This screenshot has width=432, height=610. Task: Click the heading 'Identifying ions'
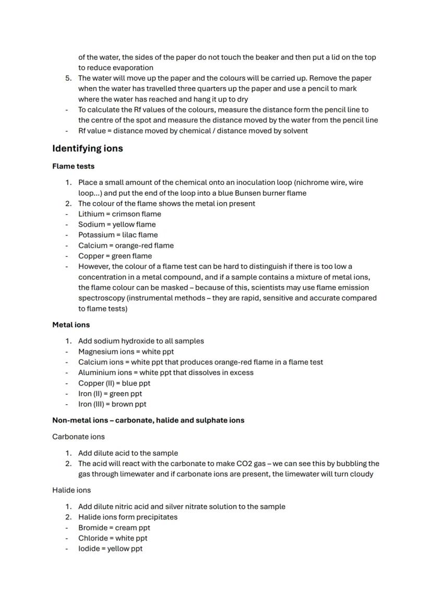click(x=87, y=148)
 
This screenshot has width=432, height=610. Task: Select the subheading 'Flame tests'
click(x=73, y=166)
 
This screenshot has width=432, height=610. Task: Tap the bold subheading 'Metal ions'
click(x=71, y=325)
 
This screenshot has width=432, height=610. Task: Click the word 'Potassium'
click(x=95, y=235)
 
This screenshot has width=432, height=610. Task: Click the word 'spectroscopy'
click(x=101, y=298)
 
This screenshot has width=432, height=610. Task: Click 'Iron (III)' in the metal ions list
click(x=92, y=404)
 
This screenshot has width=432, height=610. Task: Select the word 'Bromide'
click(x=93, y=528)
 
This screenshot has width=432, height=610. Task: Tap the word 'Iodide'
click(x=90, y=549)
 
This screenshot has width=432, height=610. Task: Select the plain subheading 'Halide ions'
click(x=71, y=490)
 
